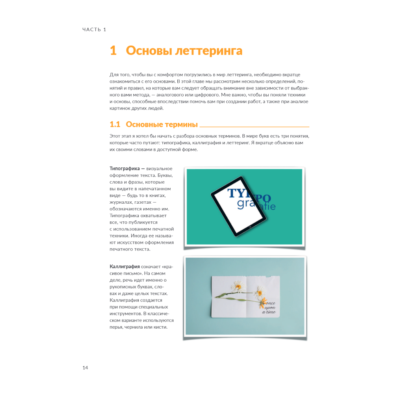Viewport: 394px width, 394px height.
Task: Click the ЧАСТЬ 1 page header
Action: click(x=94, y=30)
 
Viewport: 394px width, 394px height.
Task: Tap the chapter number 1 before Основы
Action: click(x=113, y=51)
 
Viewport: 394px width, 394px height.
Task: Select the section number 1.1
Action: click(x=115, y=125)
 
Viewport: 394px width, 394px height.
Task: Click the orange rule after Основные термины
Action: click(x=254, y=127)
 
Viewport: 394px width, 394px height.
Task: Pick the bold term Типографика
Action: click(x=123, y=169)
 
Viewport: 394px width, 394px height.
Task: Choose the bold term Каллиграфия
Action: click(x=124, y=266)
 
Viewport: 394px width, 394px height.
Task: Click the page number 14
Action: click(x=85, y=368)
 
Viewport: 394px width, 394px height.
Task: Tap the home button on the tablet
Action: click(x=249, y=227)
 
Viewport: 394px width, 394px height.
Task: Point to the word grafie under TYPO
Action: click(x=256, y=205)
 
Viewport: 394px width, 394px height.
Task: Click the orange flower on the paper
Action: click(x=263, y=303)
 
